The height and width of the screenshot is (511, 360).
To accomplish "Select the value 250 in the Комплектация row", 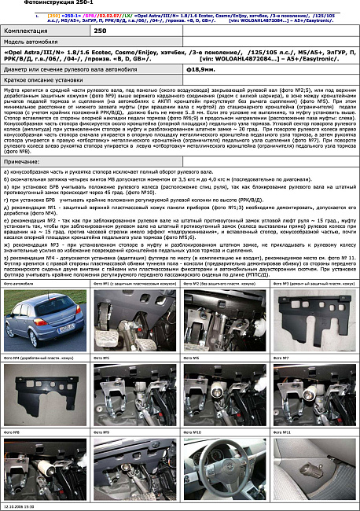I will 100,31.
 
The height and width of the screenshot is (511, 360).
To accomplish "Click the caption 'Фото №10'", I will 193,432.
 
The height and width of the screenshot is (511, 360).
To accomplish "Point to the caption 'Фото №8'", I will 13,432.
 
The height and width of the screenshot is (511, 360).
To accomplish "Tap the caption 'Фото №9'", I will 102,432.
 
